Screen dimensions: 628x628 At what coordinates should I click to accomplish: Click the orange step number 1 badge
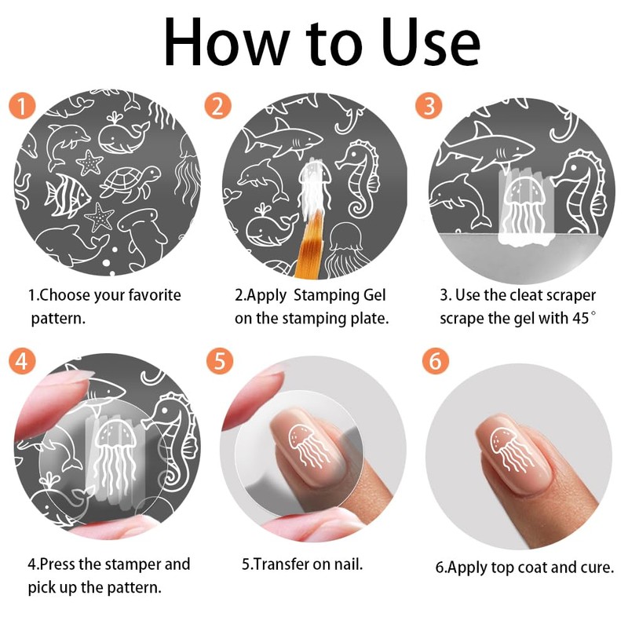(23, 106)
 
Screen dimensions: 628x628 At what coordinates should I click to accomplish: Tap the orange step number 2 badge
(218, 106)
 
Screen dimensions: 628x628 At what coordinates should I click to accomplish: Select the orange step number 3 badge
(429, 106)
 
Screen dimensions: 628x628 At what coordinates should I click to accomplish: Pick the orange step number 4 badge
(23, 361)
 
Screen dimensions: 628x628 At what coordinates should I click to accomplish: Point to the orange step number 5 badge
(220, 361)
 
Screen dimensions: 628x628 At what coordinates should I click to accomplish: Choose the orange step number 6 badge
(436, 361)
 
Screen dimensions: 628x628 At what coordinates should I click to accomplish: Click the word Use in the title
(430, 43)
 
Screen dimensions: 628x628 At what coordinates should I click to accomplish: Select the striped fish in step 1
(68, 195)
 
